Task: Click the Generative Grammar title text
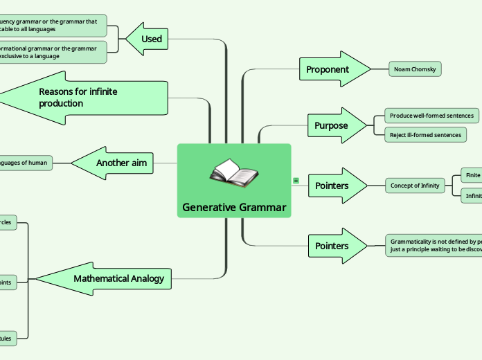tap(234, 207)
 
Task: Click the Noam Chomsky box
tap(414, 69)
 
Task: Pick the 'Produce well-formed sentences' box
tap(431, 116)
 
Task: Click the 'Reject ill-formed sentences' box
tap(425, 135)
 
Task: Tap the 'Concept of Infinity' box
tap(415, 186)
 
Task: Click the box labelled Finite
tap(472, 176)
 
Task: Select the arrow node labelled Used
tap(148, 39)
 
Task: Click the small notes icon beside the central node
tap(296, 181)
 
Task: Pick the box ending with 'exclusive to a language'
tap(52, 52)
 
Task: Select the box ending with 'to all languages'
tap(52, 26)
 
